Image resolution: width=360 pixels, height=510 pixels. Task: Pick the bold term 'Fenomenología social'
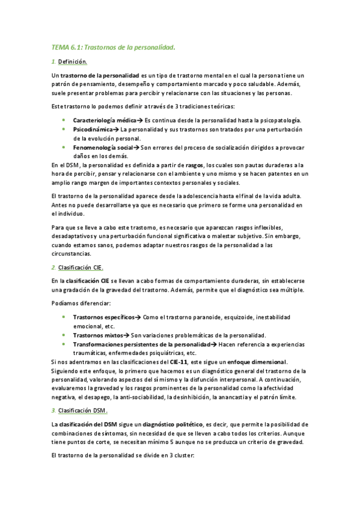103,147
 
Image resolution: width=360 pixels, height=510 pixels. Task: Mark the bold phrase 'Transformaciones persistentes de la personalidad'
142,344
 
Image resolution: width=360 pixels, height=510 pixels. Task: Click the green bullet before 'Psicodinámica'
64,129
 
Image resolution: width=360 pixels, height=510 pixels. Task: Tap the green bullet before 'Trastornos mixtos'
64,335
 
